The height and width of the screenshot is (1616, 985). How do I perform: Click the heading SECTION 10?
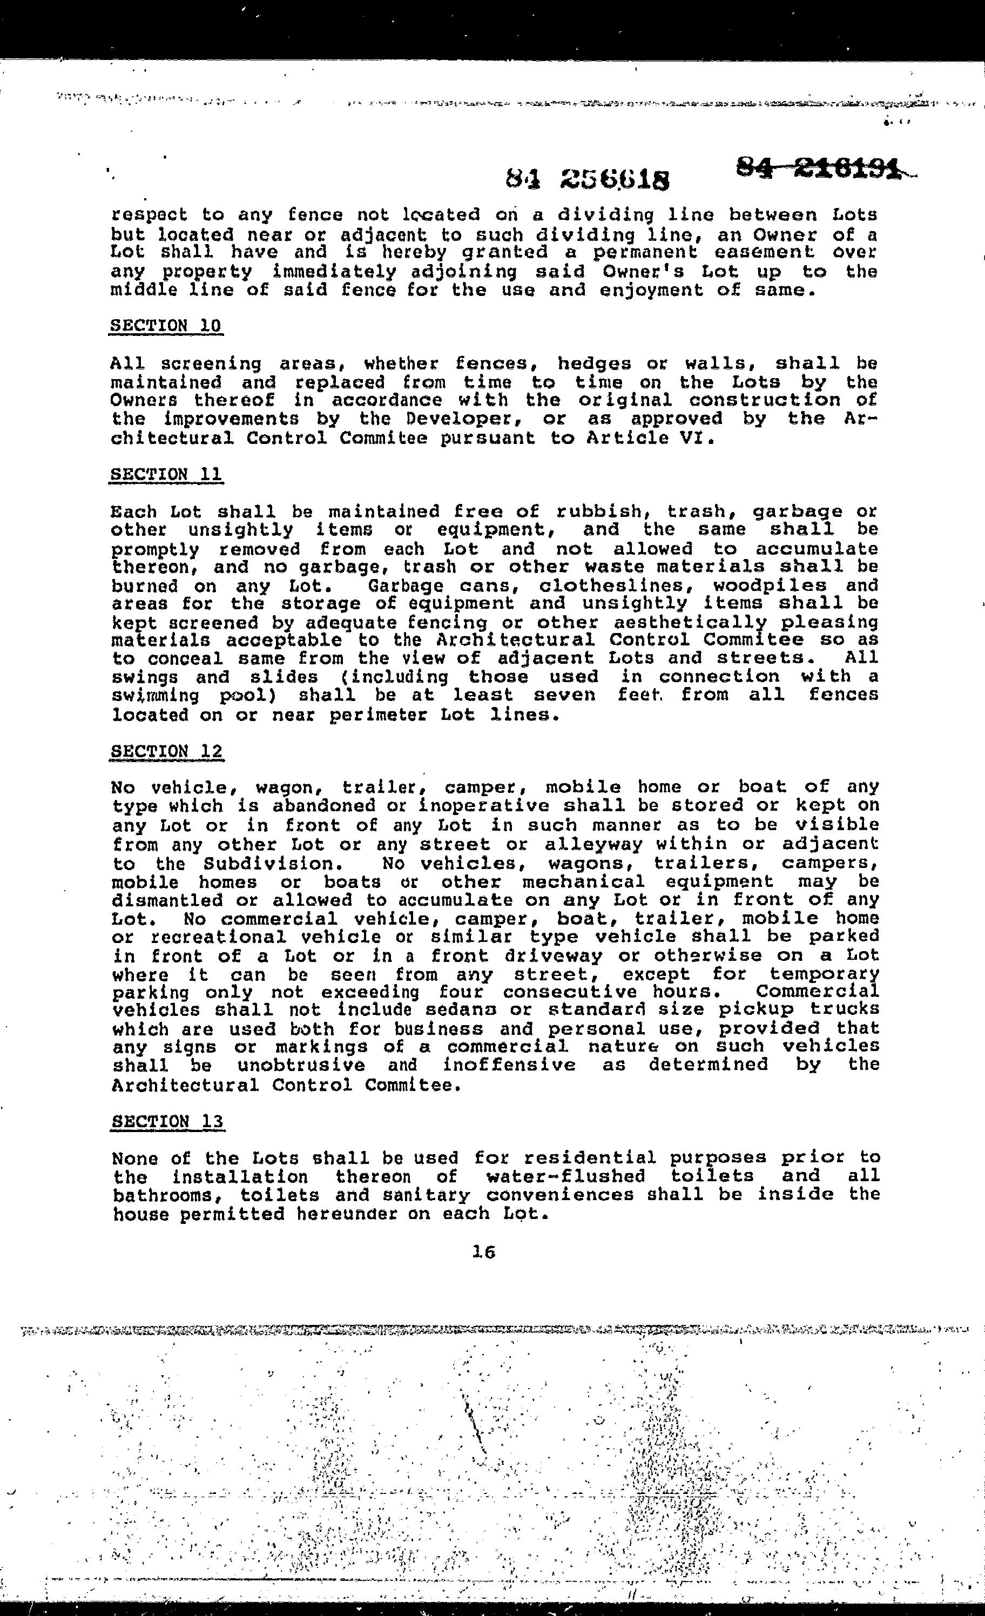(x=166, y=326)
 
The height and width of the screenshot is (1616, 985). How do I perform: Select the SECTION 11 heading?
(x=166, y=474)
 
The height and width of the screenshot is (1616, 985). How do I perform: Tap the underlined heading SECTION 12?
(x=166, y=751)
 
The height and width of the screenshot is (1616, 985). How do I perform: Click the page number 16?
(x=483, y=1252)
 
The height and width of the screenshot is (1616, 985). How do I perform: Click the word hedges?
(x=595, y=363)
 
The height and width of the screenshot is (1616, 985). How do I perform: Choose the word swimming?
(x=157, y=695)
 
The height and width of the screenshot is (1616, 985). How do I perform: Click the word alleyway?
(x=592, y=844)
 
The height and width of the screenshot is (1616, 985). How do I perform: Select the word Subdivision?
(x=278, y=863)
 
